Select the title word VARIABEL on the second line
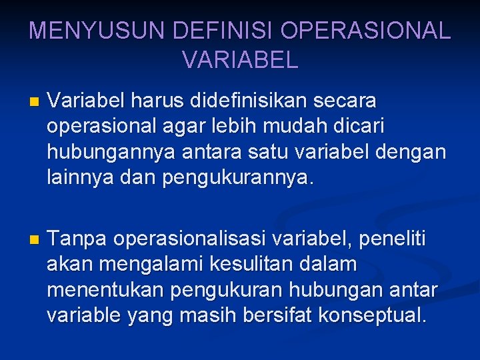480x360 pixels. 240,61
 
